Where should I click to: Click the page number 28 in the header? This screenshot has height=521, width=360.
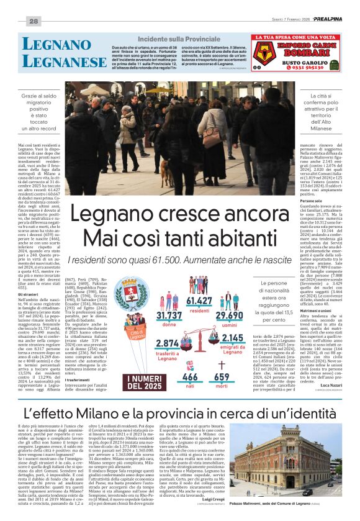coord(34,22)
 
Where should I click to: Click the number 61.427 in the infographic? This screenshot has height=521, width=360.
coord(199,301)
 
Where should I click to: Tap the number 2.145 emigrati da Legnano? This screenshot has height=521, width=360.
coord(233,338)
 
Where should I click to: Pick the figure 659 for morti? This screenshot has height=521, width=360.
coord(222,377)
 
